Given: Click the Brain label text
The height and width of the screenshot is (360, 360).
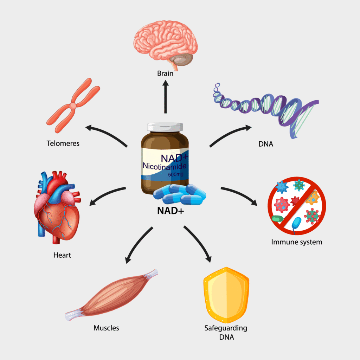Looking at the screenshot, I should [x=165, y=74].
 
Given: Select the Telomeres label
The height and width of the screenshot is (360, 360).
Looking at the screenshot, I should [x=63, y=143].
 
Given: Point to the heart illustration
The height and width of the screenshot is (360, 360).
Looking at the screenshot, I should [x=57, y=207].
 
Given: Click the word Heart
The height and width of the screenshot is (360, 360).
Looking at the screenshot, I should [x=62, y=255].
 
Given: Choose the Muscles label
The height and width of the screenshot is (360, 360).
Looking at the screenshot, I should [x=106, y=328].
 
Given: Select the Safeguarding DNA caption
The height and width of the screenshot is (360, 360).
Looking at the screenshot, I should [x=226, y=332].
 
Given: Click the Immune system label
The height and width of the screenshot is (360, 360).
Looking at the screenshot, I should [x=297, y=242].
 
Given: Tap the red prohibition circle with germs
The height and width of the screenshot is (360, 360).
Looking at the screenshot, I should [x=297, y=205].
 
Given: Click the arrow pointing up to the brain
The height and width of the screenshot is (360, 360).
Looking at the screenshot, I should [x=165, y=98].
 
